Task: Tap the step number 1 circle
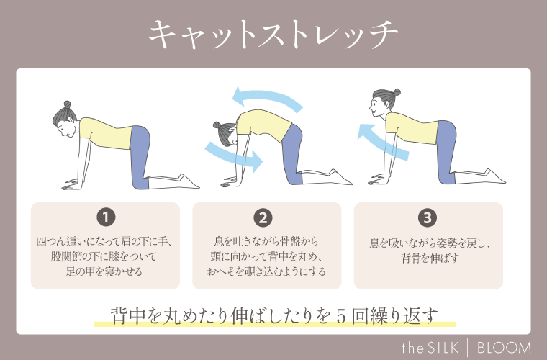coord(106,217)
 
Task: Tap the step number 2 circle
coord(263,217)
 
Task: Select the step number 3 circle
coord(428,217)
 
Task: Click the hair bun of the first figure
coord(67,105)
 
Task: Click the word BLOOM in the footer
coord(505,347)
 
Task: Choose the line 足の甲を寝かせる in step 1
coord(106,271)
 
